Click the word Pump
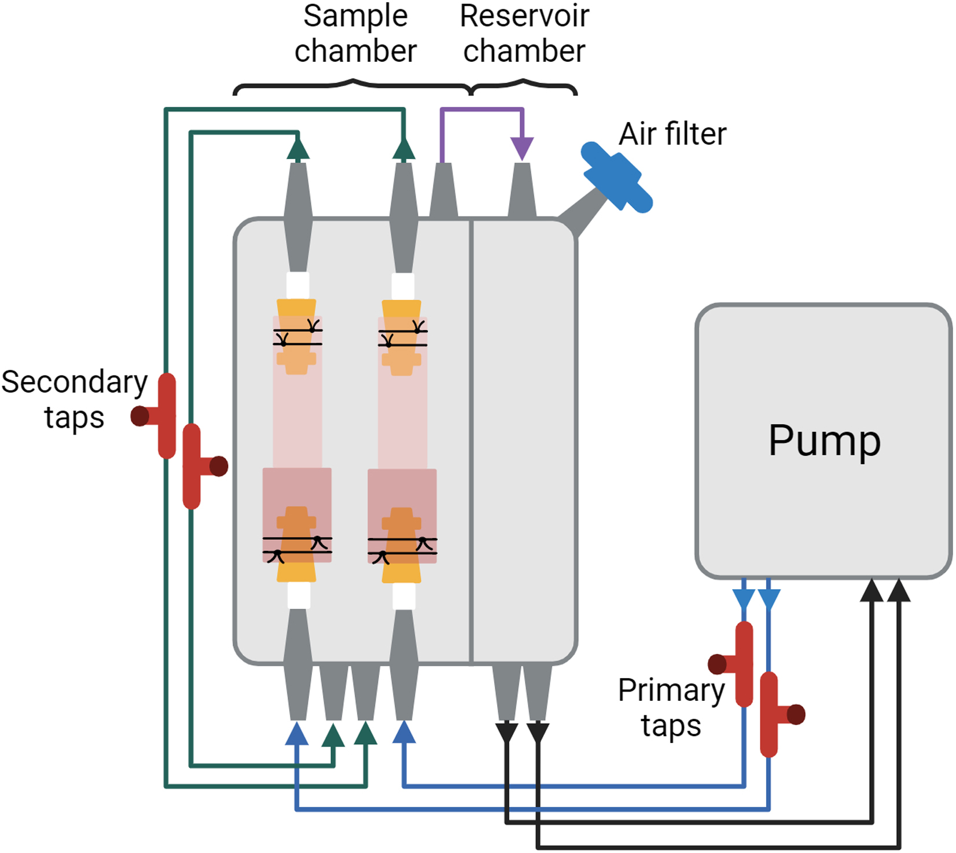pyautogui.click(x=824, y=442)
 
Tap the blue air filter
pyautogui.click(x=617, y=177)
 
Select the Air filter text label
pyautogui.click(x=672, y=134)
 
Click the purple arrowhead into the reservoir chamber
pyautogui.click(x=523, y=149)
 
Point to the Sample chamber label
pyautogui.click(x=355, y=34)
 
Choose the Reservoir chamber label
pyautogui.click(x=524, y=34)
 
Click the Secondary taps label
pyautogui.click(x=74, y=399)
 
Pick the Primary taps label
pyautogui.click(x=671, y=707)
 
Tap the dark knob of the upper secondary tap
pyautogui.click(x=140, y=416)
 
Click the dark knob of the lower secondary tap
pyautogui.click(x=219, y=466)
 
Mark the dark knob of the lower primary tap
pyautogui.click(x=796, y=715)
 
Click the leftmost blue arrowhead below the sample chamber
pyautogui.click(x=297, y=733)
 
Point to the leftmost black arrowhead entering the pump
pyautogui.click(x=872, y=590)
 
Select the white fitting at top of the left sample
pyautogui.click(x=298, y=285)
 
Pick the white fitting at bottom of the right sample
pyautogui.click(x=403, y=596)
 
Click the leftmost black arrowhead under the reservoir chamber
pyautogui.click(x=507, y=732)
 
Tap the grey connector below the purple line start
pyautogui.click(x=443, y=191)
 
